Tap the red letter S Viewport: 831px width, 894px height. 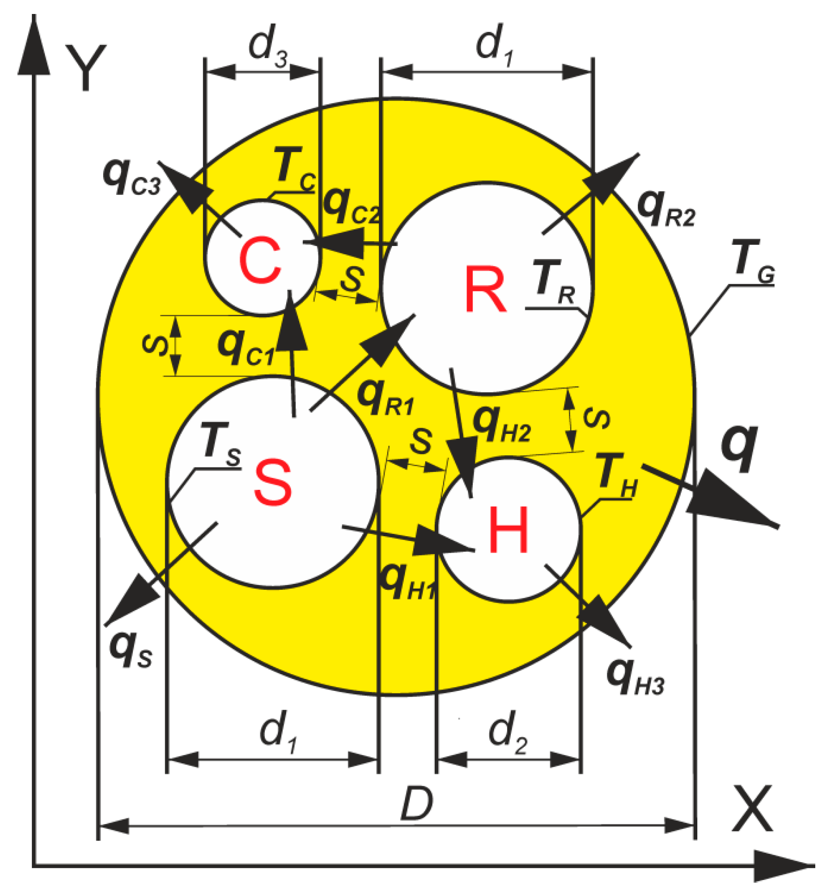pos(273,482)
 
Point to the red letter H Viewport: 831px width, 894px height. pos(509,529)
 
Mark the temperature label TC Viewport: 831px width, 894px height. pos(294,169)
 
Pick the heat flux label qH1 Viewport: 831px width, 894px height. pos(407,583)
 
